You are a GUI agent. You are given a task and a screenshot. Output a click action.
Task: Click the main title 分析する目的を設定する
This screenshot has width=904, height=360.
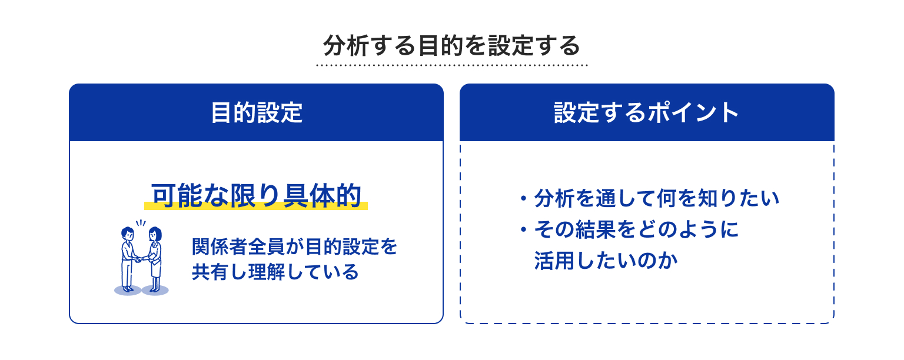click(x=451, y=45)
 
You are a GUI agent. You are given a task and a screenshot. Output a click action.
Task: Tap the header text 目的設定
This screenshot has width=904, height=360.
click(x=257, y=112)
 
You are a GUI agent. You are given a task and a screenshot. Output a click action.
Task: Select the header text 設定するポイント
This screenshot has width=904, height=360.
click(x=647, y=112)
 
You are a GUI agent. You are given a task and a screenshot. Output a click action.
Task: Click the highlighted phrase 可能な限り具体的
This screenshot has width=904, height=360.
click(x=256, y=196)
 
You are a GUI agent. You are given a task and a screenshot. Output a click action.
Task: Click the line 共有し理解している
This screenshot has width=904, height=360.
click(x=275, y=272)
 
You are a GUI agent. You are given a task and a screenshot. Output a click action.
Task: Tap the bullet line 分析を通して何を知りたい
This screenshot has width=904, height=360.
click(x=657, y=198)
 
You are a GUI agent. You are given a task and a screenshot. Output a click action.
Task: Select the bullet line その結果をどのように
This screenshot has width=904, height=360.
click(x=636, y=229)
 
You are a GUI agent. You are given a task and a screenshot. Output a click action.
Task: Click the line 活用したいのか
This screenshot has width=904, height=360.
click(x=606, y=261)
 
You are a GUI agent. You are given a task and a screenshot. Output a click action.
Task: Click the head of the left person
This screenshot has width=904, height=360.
click(x=128, y=234)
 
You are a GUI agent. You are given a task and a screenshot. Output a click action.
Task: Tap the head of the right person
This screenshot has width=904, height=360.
click(x=155, y=234)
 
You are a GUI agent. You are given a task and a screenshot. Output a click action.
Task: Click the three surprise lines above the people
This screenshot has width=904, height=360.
click(x=141, y=223)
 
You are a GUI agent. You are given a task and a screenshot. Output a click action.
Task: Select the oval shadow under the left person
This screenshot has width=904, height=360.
click(x=128, y=290)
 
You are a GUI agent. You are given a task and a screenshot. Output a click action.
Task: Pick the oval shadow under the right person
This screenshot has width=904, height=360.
click(x=155, y=290)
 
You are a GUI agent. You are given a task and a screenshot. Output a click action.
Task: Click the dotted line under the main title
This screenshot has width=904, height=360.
click(x=452, y=65)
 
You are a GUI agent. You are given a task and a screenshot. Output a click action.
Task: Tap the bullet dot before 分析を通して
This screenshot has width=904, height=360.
click(x=523, y=199)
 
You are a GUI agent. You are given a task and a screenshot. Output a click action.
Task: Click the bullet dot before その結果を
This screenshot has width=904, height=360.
click(x=523, y=229)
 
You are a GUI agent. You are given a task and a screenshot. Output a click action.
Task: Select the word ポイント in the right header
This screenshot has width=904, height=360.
click(x=693, y=112)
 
